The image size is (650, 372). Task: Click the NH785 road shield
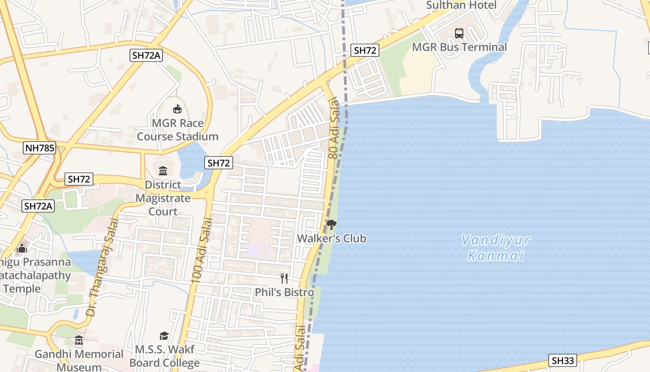39,148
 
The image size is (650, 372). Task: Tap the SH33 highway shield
563,360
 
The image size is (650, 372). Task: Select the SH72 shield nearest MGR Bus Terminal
365,50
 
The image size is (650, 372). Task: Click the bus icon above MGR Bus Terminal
459,33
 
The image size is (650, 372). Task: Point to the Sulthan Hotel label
461,5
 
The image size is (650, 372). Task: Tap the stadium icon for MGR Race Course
177,109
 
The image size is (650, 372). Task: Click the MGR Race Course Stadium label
177,130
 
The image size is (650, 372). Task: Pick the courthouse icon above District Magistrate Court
163,171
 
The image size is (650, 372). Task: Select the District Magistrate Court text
162,198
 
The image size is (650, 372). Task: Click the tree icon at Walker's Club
331,226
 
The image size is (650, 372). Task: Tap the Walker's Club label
331,239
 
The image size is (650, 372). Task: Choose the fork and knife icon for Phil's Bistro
284,279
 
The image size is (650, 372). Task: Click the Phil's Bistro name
284,292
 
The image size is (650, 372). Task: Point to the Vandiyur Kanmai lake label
495,248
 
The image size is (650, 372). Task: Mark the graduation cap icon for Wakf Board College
164,336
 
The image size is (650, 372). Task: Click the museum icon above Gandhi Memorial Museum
78,341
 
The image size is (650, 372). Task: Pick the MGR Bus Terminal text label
459,47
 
